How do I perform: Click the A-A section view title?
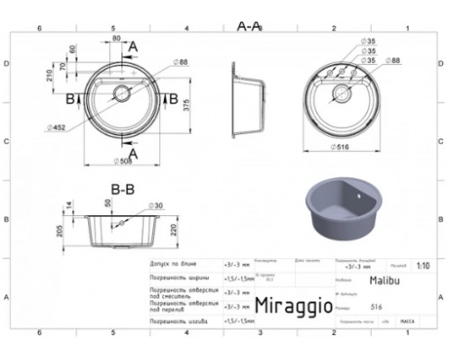(x=248, y=27)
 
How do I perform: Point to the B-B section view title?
(x=122, y=189)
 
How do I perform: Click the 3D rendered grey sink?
(x=342, y=204)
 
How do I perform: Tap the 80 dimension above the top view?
(x=116, y=38)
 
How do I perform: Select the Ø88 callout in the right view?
(x=393, y=60)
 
